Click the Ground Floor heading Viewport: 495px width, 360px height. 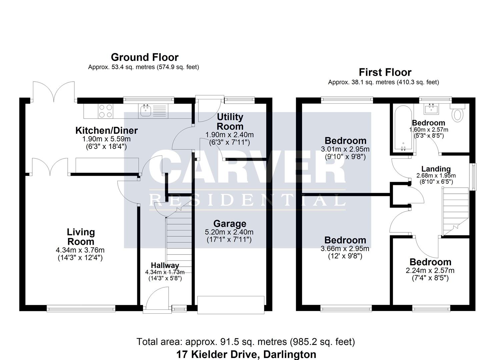coord(145,57)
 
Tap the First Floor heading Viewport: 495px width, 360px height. coord(385,72)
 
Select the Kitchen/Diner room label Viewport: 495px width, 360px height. coord(107,130)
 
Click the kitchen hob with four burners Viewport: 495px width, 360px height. coord(105,111)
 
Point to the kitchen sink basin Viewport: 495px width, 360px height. coord(146,111)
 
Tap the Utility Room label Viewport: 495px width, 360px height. coord(230,122)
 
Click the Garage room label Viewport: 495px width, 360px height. coord(230,224)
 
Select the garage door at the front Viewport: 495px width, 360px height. coord(231,305)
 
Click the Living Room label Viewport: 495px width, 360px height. coord(81,237)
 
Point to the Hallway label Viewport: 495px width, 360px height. coord(165,265)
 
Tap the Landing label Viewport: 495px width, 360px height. coord(436,169)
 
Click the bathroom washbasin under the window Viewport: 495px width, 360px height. coord(431,109)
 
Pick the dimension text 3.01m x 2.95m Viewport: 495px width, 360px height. coord(345,149)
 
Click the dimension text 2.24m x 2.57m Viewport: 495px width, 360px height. coord(430,270)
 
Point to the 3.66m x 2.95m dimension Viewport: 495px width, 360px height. coord(345,249)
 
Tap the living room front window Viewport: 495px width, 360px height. coord(81,309)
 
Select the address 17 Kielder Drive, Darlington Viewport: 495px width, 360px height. coord(246,354)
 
